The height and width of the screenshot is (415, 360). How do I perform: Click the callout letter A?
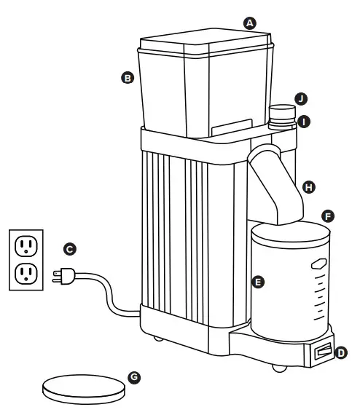point(250,23)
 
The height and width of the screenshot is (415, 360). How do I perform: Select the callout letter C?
point(70,249)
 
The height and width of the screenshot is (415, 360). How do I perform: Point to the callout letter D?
point(343,353)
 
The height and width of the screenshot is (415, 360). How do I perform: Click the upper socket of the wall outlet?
point(27,245)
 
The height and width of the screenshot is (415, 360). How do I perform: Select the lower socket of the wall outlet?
point(27,273)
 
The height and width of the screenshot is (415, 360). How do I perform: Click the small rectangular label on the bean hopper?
point(228,129)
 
